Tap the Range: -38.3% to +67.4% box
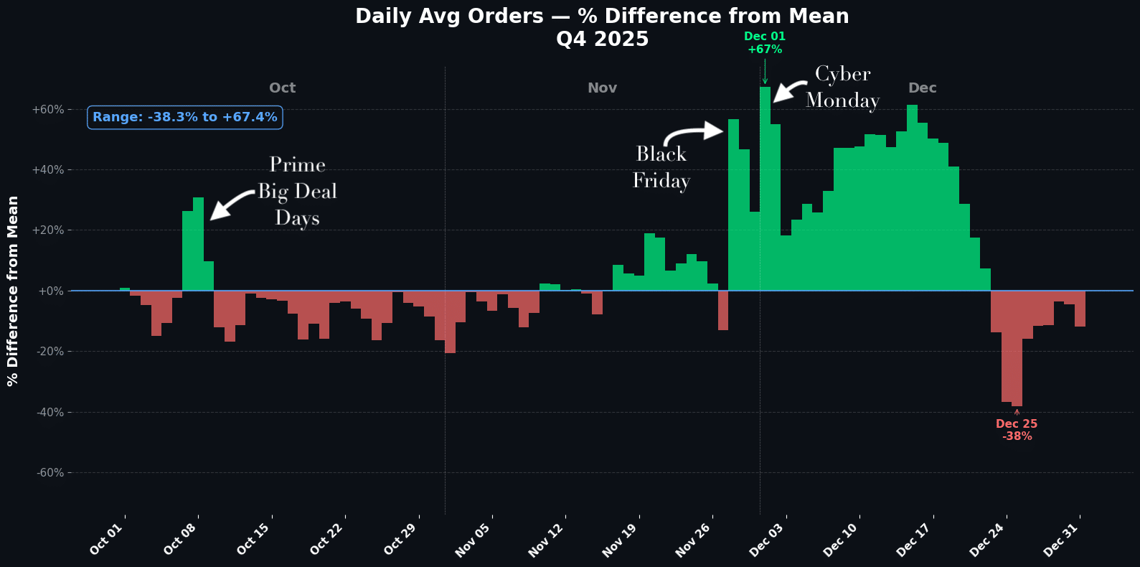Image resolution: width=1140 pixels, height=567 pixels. (184, 117)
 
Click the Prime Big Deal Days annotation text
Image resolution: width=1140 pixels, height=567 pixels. (297, 192)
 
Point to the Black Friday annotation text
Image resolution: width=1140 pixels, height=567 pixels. (661, 167)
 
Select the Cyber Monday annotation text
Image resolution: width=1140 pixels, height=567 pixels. (842, 87)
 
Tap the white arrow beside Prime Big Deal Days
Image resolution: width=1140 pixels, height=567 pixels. (231, 205)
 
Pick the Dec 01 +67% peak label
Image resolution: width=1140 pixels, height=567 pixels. (765, 43)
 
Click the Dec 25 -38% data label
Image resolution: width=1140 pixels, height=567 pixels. (1017, 430)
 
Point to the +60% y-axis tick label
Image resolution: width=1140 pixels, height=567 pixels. (48, 110)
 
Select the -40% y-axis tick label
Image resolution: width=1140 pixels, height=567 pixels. (48, 412)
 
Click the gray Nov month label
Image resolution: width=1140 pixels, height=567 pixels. (602, 88)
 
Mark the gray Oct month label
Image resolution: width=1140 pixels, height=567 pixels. (282, 88)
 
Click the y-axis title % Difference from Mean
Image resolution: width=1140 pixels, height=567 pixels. (13, 291)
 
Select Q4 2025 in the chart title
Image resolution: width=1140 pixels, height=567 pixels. (602, 39)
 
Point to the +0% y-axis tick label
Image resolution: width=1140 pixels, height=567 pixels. (51, 291)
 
